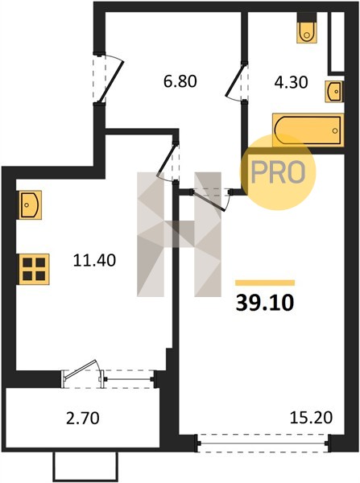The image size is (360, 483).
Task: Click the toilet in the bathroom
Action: pyautogui.click(x=307, y=27)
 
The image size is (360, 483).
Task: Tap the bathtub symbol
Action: pyautogui.click(x=308, y=130)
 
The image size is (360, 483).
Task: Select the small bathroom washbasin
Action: pyautogui.click(x=333, y=92)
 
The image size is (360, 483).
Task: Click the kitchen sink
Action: pyautogui.click(x=31, y=204)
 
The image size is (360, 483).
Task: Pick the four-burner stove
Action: pyautogui.click(x=34, y=269)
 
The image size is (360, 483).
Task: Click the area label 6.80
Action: pyautogui.click(x=180, y=81)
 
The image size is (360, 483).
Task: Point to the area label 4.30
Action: pyautogui.click(x=291, y=83)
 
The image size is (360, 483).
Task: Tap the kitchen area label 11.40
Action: pyautogui.click(x=94, y=260)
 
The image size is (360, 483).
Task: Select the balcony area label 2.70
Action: pyautogui.click(x=83, y=419)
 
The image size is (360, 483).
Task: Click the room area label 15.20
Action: pyautogui.click(x=312, y=418)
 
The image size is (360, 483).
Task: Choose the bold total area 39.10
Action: pyautogui.click(x=265, y=303)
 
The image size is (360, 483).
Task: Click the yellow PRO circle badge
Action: pyautogui.click(x=278, y=172)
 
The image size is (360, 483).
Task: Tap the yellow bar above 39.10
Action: pyautogui.click(x=265, y=283)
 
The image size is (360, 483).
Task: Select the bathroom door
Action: pyautogui.click(x=237, y=82)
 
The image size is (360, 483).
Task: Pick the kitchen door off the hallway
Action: pyautogui.click(x=168, y=162)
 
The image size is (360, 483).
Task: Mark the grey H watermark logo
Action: pyautogui.click(x=179, y=234)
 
